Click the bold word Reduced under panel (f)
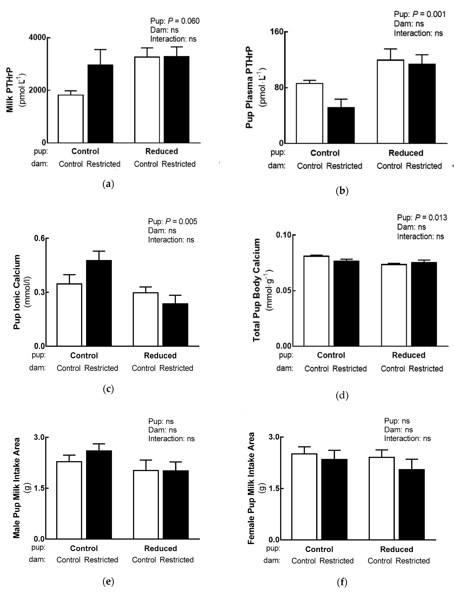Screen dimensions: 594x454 (x=396, y=549)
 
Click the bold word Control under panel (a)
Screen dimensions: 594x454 (x=85, y=151)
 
